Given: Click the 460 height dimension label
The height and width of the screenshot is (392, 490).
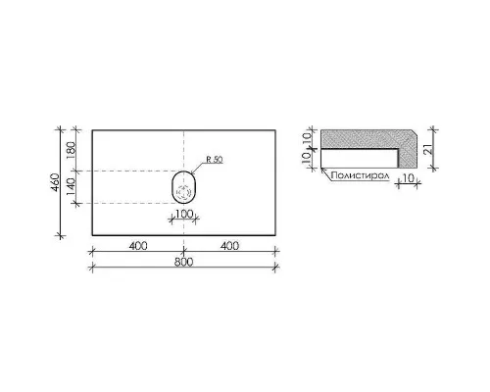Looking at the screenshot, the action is (x=56, y=182).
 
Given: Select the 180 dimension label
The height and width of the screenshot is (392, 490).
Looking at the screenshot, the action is (x=71, y=150).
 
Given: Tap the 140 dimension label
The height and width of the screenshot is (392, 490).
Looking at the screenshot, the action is (x=71, y=187).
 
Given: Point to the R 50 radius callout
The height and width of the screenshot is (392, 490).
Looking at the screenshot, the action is (x=215, y=160).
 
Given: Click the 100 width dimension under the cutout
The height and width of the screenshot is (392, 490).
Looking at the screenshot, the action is (x=184, y=214).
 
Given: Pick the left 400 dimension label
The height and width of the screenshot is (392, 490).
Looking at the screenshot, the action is (x=138, y=246).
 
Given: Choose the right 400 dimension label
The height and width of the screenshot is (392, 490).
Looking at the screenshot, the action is (x=229, y=246).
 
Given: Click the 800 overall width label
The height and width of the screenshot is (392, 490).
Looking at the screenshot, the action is (x=184, y=262).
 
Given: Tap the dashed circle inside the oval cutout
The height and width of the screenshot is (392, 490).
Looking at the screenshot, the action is (x=183, y=192).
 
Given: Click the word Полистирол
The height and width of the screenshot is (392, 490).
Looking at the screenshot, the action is (x=360, y=175).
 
